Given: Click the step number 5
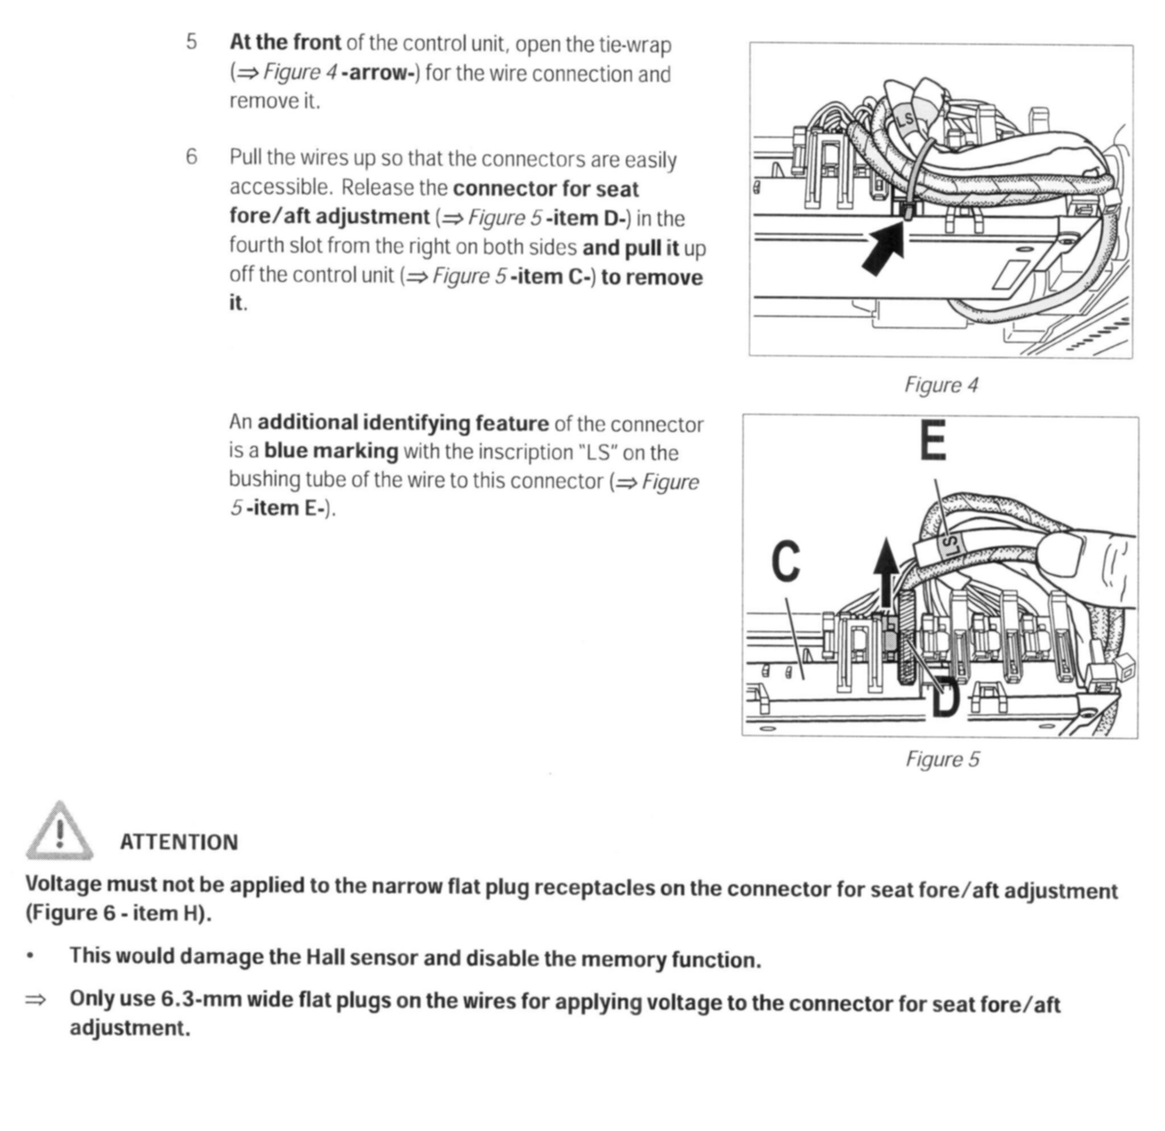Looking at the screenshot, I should [191, 42].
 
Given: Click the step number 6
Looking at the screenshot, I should [191, 157].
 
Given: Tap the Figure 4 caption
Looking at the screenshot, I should [940, 385].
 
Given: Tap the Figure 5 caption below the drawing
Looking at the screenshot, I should [942, 759].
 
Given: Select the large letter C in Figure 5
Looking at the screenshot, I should [786, 562].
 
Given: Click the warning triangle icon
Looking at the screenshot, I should [59, 832].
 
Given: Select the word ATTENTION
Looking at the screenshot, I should [179, 842].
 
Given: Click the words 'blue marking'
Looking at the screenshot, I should [331, 451].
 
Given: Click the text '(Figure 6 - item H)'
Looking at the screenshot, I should [117, 913].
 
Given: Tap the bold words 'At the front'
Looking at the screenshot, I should [285, 42].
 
